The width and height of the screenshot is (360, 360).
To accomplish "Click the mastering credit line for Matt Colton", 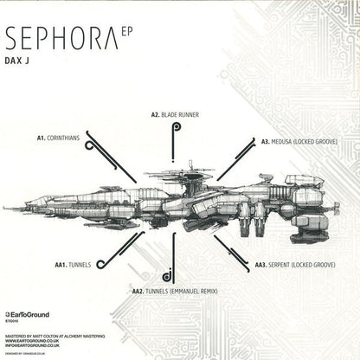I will click(x=54, y=334).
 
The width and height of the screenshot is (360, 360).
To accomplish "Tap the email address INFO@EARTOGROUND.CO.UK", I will click(x=39, y=346).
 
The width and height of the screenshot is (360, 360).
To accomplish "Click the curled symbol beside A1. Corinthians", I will click(x=90, y=146).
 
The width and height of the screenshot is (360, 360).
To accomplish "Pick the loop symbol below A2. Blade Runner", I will click(x=176, y=128).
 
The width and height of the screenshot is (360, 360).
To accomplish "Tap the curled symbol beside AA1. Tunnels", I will click(x=101, y=264).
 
